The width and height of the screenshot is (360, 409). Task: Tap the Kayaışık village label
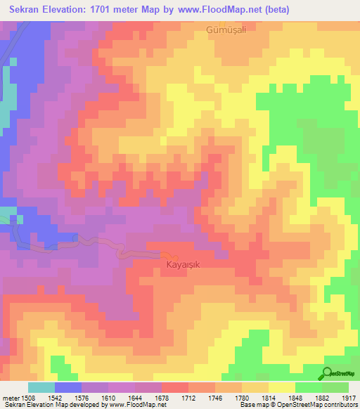pyautogui.click(x=184, y=266)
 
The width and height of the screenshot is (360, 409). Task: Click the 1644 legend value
pyautogui.click(x=134, y=397)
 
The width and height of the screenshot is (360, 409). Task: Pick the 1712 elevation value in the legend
pyautogui.click(x=188, y=397)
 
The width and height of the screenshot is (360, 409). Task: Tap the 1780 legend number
pyautogui.click(x=241, y=397)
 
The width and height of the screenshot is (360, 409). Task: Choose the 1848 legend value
pyautogui.click(x=295, y=397)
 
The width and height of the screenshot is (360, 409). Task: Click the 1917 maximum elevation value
pyautogui.click(x=349, y=397)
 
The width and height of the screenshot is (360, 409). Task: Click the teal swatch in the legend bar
pyautogui.click(x=41, y=387)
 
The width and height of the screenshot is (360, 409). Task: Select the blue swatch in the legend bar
pyautogui.click(x=68, y=387)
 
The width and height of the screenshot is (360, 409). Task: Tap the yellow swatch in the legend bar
pyautogui.click(x=282, y=387)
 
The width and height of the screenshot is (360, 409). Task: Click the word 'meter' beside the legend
pyautogui.click(x=9, y=397)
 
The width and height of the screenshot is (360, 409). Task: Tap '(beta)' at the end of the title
pyautogui.click(x=275, y=10)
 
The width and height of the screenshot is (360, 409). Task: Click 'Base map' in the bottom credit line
pyautogui.click(x=251, y=405)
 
